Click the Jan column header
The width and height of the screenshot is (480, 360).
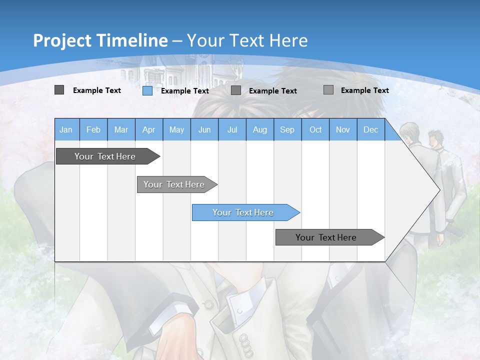pos(66,129)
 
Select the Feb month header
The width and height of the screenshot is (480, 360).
pos(93,129)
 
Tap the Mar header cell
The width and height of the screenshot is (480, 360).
pos(121,129)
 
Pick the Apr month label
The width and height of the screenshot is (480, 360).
pos(149,129)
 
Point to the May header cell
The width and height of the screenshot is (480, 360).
pos(176,129)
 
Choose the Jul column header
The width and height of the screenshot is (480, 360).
pos(232,129)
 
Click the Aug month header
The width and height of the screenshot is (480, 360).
pos(260,129)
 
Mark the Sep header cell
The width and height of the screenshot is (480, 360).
pos(287,129)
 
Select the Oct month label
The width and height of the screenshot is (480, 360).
pos(315,129)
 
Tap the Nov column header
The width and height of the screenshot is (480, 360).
pos(343,129)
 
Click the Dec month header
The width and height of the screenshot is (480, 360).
pos(371,129)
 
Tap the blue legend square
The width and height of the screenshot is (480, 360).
pos(147,90)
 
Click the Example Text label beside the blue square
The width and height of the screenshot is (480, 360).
pos(185,91)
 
